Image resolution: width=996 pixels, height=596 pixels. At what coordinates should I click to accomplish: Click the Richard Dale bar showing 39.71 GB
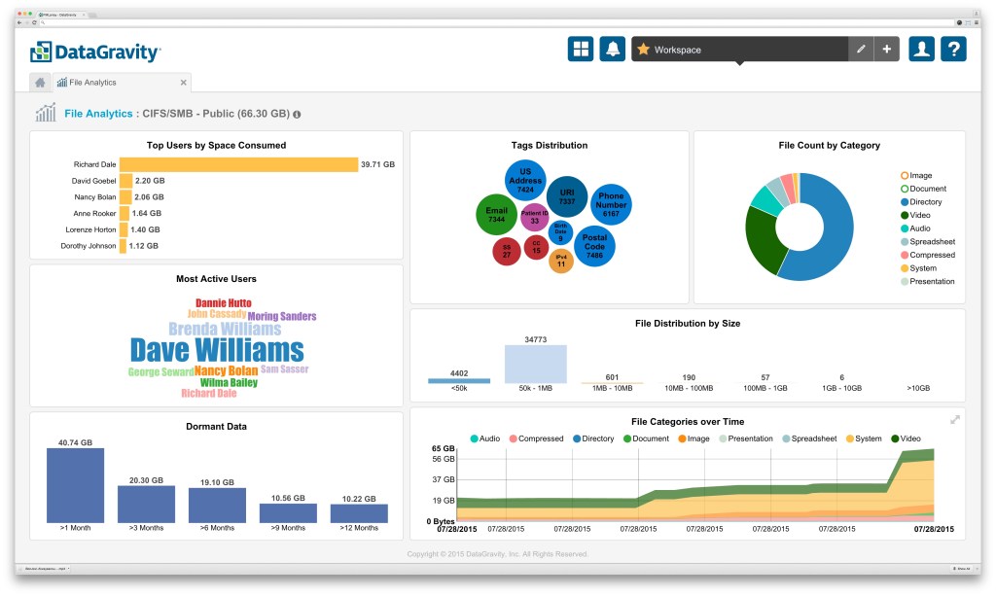238,165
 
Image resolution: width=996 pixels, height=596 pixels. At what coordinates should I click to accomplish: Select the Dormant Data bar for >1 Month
75,485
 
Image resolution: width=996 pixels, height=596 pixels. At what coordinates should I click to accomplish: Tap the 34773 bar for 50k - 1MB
535,364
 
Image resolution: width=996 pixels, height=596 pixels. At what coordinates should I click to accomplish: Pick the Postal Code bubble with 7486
594,246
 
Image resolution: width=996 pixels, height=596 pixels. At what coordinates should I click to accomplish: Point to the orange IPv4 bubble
560,260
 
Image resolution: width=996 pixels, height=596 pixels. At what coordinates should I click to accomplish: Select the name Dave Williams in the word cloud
217,350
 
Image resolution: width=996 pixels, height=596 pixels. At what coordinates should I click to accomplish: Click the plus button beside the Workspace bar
886,50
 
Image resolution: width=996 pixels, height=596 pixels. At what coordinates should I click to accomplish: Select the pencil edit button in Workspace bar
861,50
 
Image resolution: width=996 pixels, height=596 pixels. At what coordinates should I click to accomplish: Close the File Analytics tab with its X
184,83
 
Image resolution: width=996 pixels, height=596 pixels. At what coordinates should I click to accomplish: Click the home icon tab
41,83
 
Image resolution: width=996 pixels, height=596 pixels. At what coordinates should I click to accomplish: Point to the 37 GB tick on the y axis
445,479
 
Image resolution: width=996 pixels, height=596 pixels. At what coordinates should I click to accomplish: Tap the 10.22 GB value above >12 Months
359,498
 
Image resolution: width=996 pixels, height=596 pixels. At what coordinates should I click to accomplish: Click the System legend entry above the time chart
864,438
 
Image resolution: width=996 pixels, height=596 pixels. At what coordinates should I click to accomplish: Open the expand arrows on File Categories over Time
954,419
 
